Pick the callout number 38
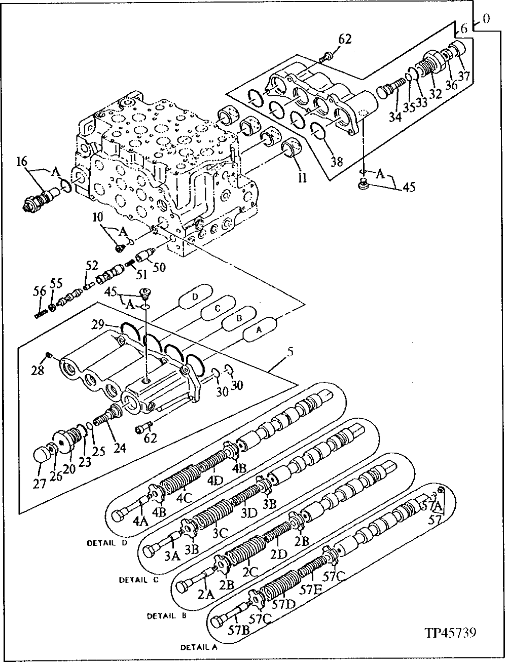tap(336, 162)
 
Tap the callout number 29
tap(99, 324)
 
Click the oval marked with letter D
tap(196, 296)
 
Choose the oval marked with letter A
tap(259, 329)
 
